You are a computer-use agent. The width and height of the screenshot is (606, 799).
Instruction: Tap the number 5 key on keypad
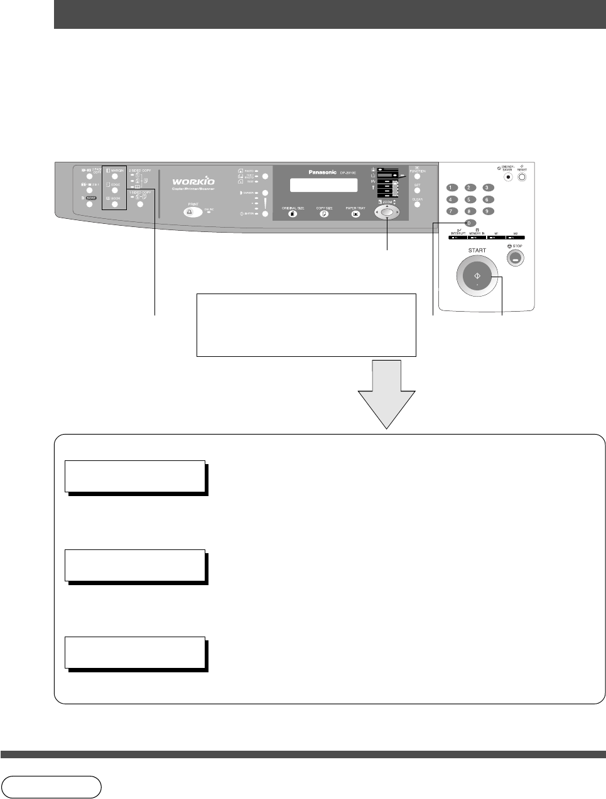[470, 199]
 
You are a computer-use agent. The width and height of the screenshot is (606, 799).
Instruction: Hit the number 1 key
[450, 188]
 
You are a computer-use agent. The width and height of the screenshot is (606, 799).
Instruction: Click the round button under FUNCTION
[417, 177]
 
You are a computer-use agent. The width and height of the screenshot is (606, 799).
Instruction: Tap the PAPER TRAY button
[356, 214]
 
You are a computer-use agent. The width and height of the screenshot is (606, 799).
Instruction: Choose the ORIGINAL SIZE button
[293, 214]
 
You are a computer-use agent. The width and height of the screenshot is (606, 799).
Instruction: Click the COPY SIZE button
[325, 214]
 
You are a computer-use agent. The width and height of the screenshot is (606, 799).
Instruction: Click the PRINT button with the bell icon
[193, 213]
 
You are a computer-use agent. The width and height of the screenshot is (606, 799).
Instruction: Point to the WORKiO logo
[193, 182]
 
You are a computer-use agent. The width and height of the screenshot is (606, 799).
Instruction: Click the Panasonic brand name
[322, 172]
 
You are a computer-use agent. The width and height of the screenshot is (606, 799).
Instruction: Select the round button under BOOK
[115, 204]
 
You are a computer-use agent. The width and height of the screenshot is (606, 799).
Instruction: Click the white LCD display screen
[324, 185]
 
